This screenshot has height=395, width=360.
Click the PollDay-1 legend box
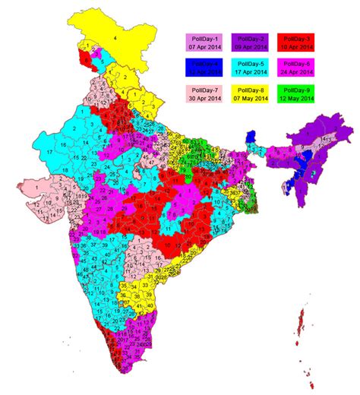coord(204,40)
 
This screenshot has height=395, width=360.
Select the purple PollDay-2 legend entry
coord(250,40)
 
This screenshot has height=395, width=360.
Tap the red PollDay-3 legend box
coord(296,40)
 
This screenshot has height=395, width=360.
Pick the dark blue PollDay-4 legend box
coord(204,68)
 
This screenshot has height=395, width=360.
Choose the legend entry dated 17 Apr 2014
coord(250,68)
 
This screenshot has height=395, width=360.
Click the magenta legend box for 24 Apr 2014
coord(296,68)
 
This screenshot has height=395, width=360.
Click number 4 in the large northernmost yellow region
coord(115,36)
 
